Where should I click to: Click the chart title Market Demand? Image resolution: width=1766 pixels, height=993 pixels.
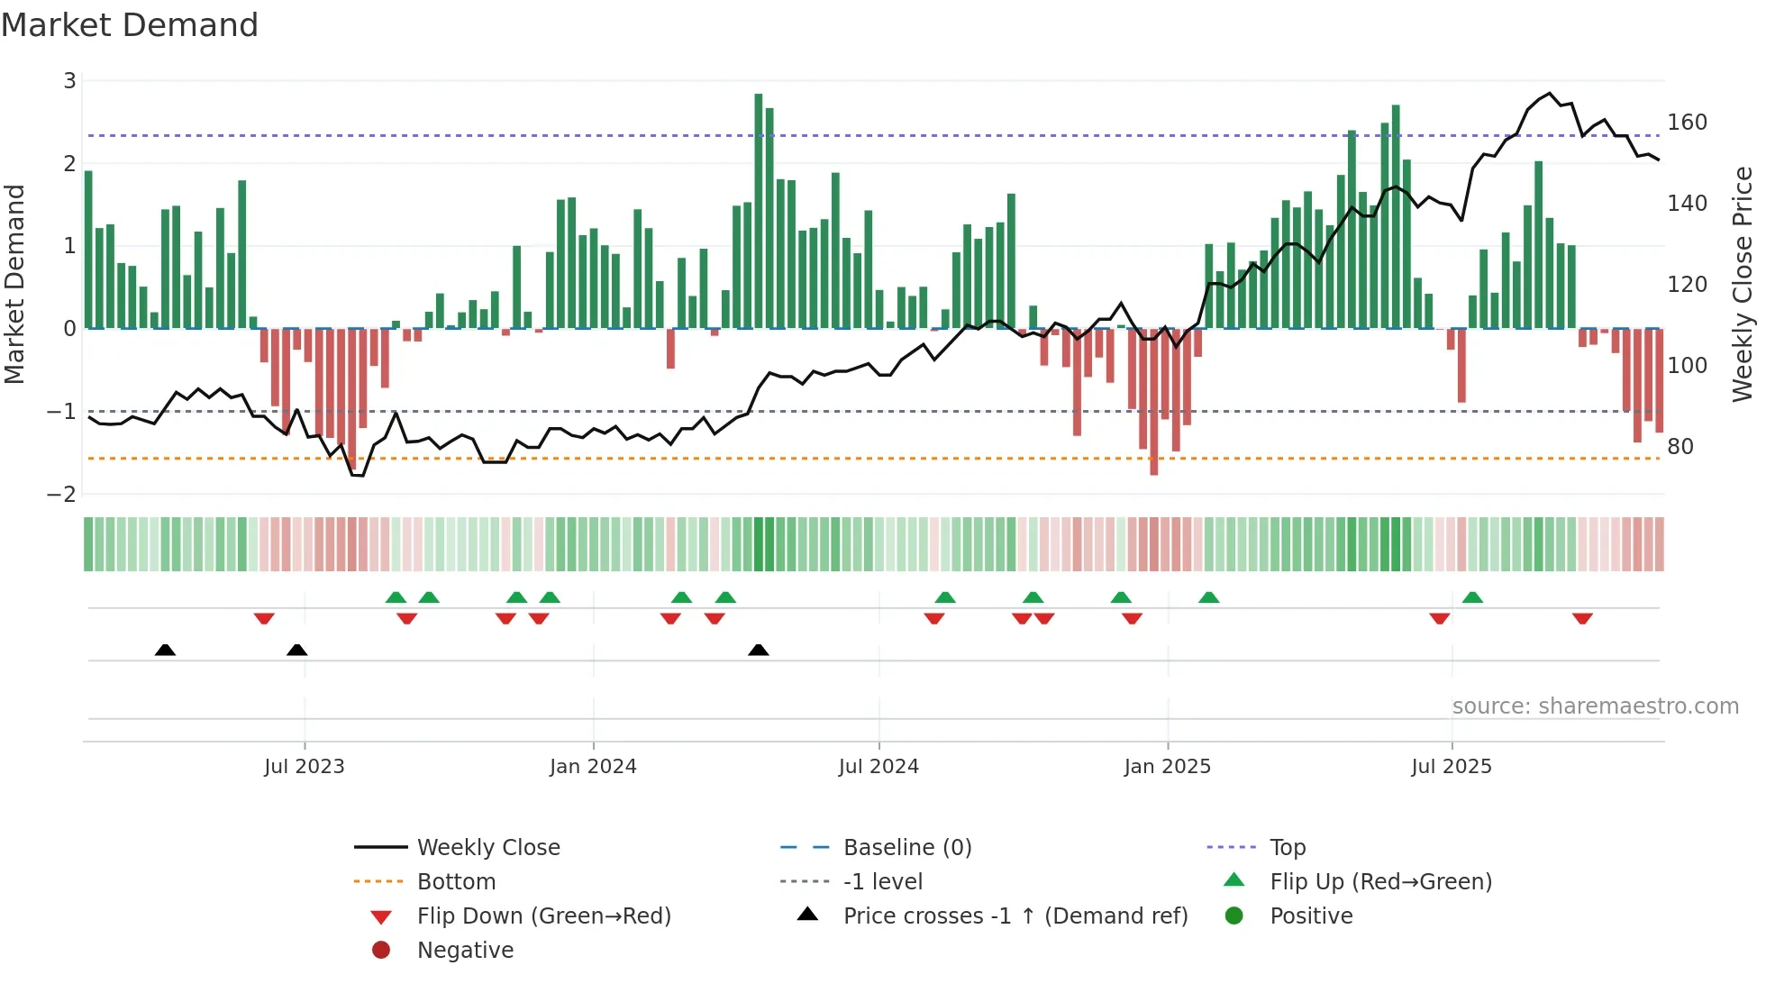pos(130,25)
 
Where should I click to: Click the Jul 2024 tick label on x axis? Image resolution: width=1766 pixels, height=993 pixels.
pos(878,767)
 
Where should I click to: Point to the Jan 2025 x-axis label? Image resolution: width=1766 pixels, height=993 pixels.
pos(1167,767)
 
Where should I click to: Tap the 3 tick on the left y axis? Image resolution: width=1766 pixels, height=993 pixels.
pos(69,81)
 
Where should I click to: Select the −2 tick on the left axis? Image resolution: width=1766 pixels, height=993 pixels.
pos(62,495)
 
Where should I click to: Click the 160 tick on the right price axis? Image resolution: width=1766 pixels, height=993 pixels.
pos(1687,123)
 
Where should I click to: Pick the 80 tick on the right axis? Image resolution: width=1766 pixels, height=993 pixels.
pos(1680,447)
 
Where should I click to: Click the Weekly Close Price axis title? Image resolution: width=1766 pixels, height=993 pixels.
pos(1743,284)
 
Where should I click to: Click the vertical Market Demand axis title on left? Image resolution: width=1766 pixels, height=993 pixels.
pos(15,284)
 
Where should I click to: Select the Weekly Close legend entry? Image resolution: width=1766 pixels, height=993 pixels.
pos(487,848)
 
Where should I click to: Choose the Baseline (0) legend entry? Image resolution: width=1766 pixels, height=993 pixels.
pos(906,848)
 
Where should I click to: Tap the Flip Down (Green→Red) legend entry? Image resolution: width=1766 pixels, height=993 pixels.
pos(543,916)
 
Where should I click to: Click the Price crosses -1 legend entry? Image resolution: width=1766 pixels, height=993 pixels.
pos(1015,916)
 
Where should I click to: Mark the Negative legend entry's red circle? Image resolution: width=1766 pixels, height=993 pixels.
pos(381,951)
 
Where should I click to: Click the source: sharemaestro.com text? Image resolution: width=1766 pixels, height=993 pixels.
pos(1595,706)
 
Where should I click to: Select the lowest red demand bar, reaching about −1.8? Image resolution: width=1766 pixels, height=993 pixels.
pos(1153,402)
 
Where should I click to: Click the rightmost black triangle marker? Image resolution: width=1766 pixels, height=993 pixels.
pos(759,650)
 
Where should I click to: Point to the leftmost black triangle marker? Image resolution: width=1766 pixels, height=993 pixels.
pos(165,650)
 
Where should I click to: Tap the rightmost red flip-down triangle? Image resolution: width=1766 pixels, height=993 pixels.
pos(1582,618)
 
